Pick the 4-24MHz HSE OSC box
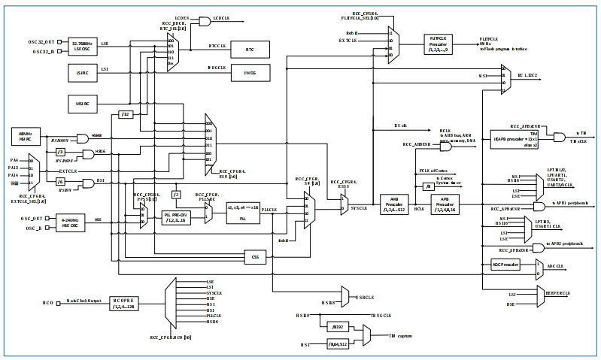(x=71, y=222)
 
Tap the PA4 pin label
(x=14, y=160)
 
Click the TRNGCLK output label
(x=381, y=316)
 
